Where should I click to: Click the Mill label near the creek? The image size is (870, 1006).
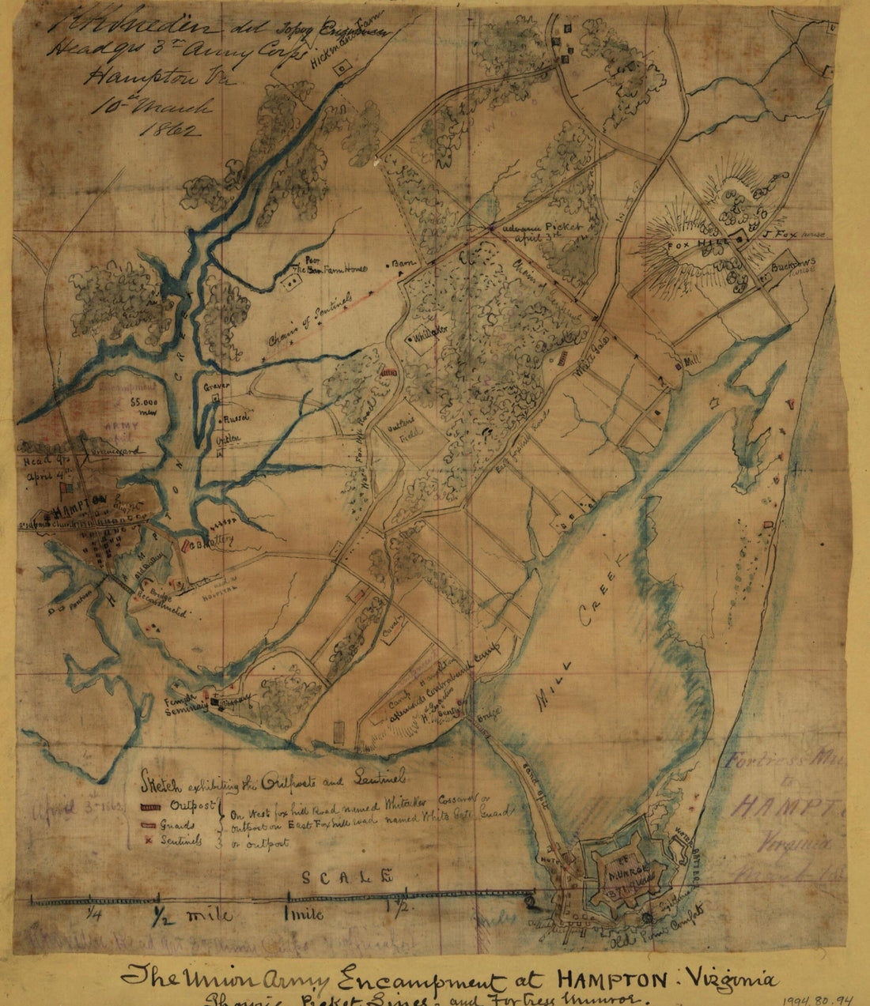(693, 360)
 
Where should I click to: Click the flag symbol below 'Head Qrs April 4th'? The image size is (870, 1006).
(56, 491)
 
